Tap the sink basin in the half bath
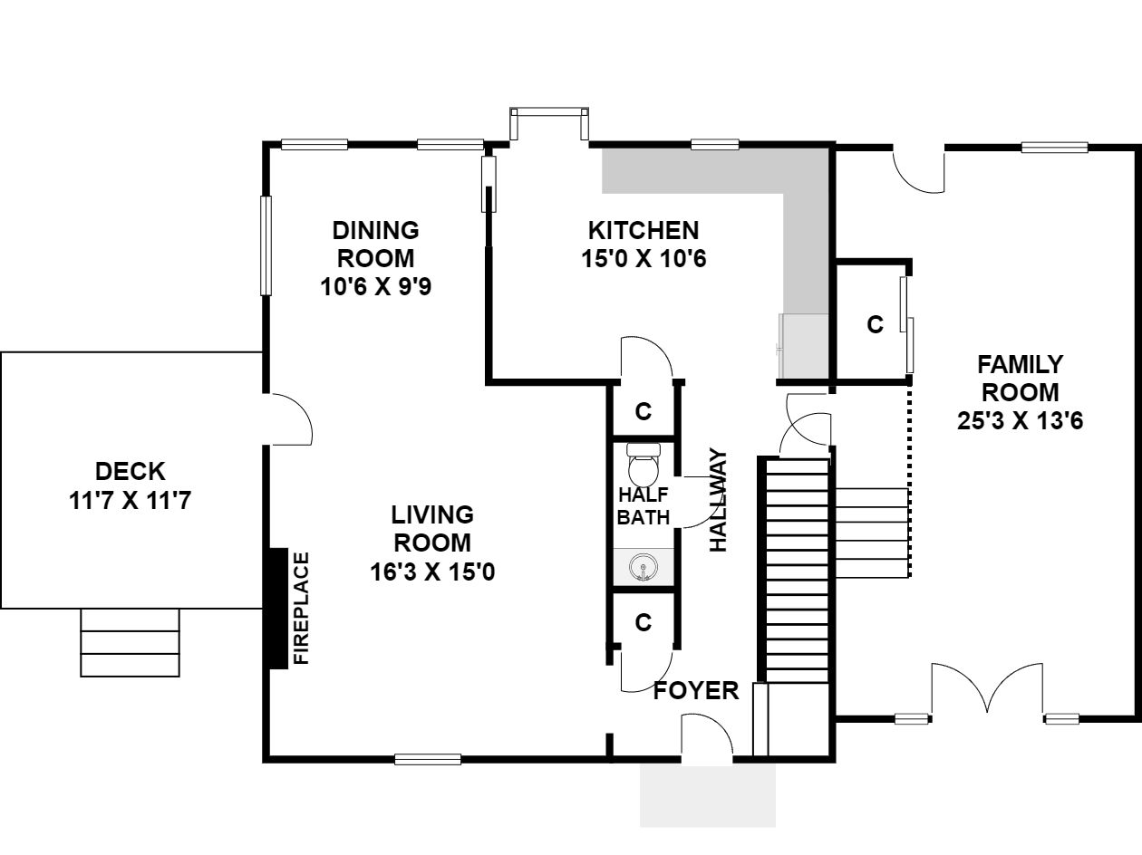pyautogui.click(x=644, y=566)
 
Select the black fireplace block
pyautogui.click(x=278, y=608)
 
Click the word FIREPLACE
pyautogui.click(x=302, y=608)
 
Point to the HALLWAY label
pyautogui.click(x=719, y=500)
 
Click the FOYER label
pyautogui.click(x=696, y=691)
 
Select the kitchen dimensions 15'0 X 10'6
pyautogui.click(x=644, y=258)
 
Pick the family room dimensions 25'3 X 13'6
pyautogui.click(x=1021, y=420)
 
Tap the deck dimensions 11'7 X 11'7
pyautogui.click(x=131, y=501)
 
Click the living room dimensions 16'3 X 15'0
pyautogui.click(x=432, y=572)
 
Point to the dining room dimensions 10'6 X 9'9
pyautogui.click(x=375, y=286)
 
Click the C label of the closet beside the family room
pyautogui.click(x=876, y=324)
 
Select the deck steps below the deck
pyautogui.click(x=131, y=642)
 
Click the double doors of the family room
pyautogui.click(x=987, y=687)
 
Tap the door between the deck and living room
pyautogui.click(x=289, y=419)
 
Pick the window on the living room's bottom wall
pyautogui.click(x=428, y=759)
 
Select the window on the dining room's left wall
pyautogui.click(x=266, y=245)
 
